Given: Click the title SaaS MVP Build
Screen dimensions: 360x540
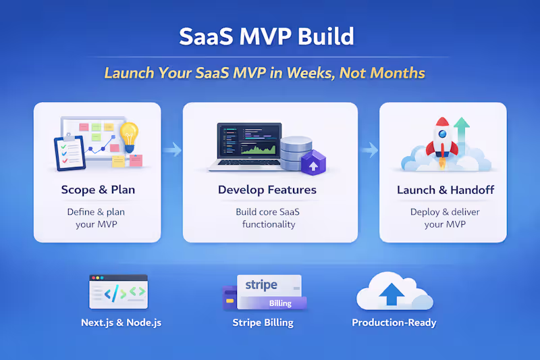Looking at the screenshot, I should pyautogui.click(x=266, y=36).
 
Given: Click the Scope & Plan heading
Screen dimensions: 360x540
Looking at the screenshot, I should pyautogui.click(x=98, y=190).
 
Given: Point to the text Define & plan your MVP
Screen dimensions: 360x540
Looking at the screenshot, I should pyautogui.click(x=96, y=217).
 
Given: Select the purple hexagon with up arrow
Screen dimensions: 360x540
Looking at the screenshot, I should pyautogui.click(x=312, y=163).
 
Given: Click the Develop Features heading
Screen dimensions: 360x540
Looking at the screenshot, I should pyautogui.click(x=267, y=190).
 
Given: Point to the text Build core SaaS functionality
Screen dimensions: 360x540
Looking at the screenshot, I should pyautogui.click(x=269, y=217).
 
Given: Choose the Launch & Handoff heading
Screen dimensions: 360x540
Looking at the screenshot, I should pyautogui.click(x=445, y=190).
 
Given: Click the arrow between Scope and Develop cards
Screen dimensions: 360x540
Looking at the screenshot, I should pyautogui.click(x=172, y=149).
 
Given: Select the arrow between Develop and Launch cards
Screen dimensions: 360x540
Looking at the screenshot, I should pyautogui.click(x=369, y=149).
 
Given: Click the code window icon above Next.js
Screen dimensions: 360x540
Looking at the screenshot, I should pyautogui.click(x=118, y=291).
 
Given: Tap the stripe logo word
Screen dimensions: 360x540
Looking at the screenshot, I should pyautogui.click(x=261, y=285).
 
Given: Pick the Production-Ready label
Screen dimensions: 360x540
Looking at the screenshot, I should pyautogui.click(x=394, y=323).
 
